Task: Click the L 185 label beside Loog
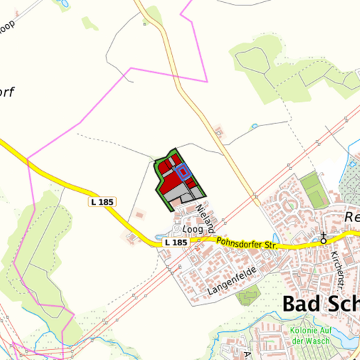(x=175, y=243)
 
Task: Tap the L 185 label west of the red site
(x=102, y=201)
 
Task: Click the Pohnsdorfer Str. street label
(x=247, y=244)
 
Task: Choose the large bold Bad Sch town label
(x=320, y=303)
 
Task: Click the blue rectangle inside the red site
(x=183, y=171)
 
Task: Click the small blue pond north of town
(x=254, y=125)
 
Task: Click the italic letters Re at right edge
(x=353, y=217)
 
